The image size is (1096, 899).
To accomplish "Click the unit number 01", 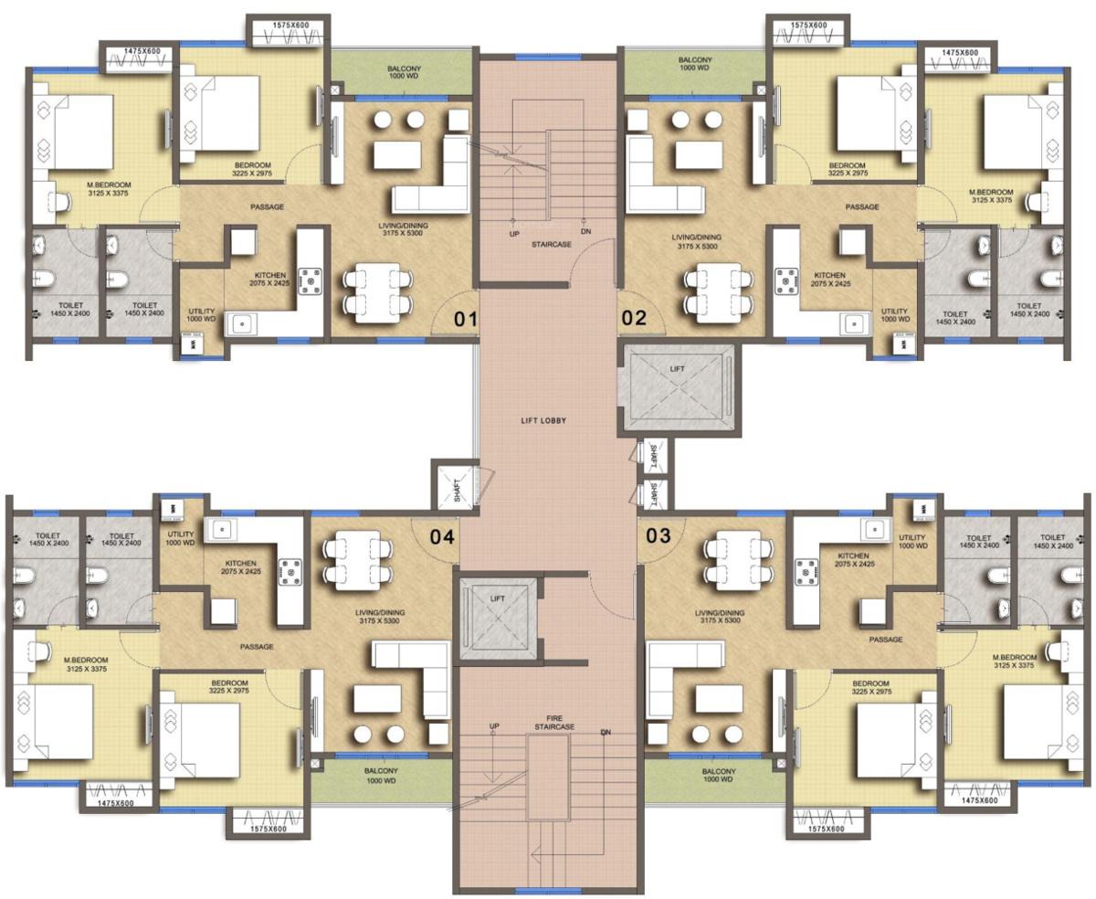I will click(x=466, y=319).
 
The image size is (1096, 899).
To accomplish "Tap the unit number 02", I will click(x=634, y=319).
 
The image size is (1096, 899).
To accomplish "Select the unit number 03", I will click(x=659, y=535).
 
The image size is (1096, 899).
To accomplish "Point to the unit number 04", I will click(x=442, y=536).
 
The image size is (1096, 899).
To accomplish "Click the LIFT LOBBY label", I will click(x=543, y=420).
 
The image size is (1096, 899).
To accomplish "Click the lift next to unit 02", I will click(x=677, y=387).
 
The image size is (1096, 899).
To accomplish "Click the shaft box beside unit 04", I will click(x=453, y=485).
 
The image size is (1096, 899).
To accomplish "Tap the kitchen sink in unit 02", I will click(x=853, y=323).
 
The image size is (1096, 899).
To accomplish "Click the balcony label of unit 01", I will click(x=403, y=73).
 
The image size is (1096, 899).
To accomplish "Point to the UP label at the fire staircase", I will click(x=494, y=726).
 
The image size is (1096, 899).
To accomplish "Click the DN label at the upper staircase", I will click(x=585, y=232).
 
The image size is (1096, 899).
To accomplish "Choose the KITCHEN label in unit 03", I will click(x=852, y=559).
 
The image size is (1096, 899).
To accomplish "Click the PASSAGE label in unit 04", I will click(x=257, y=647).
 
